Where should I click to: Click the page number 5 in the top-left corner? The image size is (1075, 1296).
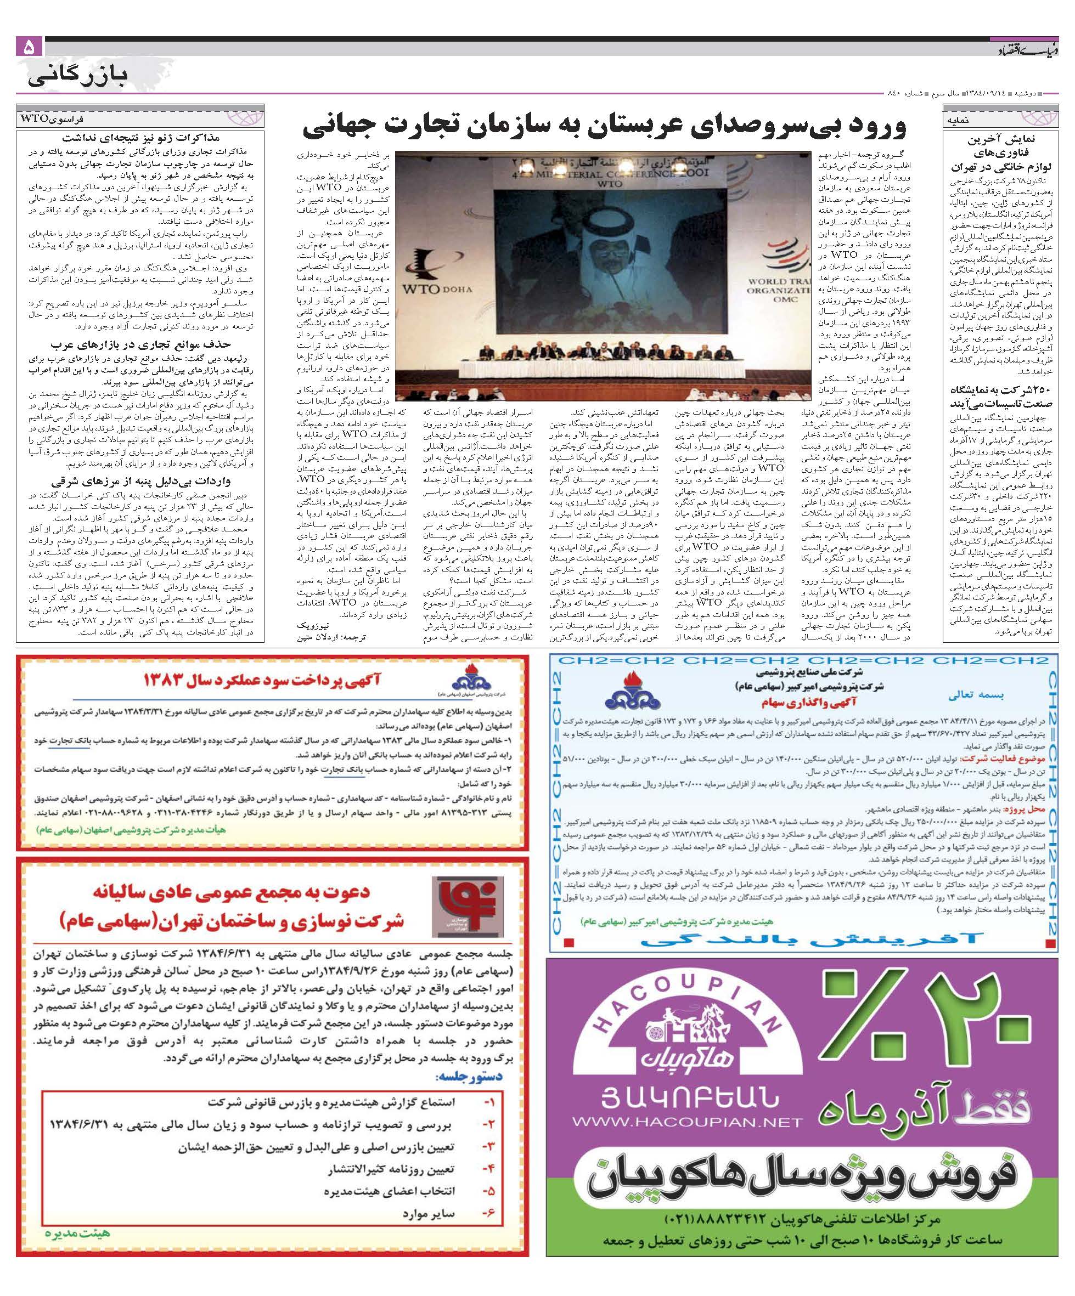point(29,47)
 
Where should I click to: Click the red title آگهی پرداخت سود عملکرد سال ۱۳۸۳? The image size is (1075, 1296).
point(262,680)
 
